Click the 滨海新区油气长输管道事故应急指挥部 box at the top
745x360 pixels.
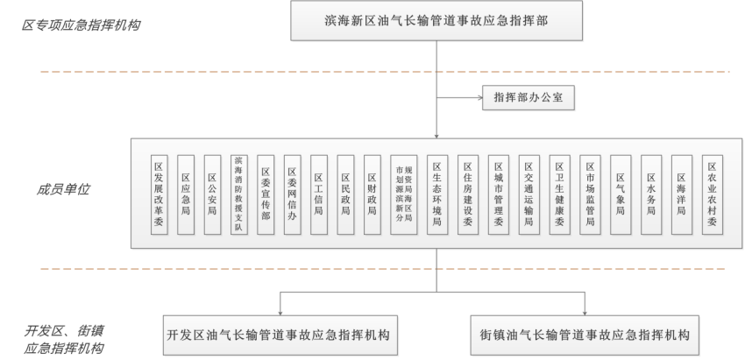tap(436, 19)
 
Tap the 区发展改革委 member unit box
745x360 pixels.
tap(159, 194)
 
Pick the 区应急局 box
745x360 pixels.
tap(185, 194)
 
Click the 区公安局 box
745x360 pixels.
tap(211, 194)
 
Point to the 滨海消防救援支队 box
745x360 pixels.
tap(238, 194)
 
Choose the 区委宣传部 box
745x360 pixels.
tap(266, 194)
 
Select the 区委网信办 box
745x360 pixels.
tap(293, 194)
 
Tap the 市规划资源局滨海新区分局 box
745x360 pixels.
tap(404, 194)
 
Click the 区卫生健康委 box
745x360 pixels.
tap(558, 194)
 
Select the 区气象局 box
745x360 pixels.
tap(621, 194)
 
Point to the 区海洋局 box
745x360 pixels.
tap(681, 194)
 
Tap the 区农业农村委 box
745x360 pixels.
tap(712, 194)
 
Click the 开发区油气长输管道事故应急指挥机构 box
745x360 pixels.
tap(279, 335)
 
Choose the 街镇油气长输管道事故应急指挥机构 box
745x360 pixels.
tap(585, 335)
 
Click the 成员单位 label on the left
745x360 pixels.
tap(63, 188)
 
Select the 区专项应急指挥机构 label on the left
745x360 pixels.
tap(81, 24)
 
